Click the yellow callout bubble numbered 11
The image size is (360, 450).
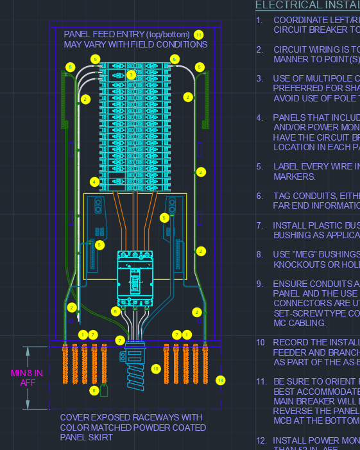(x=199, y=34)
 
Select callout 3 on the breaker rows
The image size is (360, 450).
(x=131, y=74)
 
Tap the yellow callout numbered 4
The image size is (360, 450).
(x=94, y=182)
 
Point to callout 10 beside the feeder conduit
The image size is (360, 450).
(x=155, y=368)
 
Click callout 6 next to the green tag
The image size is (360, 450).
(x=94, y=390)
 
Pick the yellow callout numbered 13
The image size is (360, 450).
(x=221, y=380)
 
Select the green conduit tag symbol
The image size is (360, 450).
(x=105, y=390)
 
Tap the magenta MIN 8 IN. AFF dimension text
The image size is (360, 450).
(x=26, y=377)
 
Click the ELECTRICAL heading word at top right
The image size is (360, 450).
(x=287, y=4)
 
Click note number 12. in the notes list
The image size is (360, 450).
(x=261, y=440)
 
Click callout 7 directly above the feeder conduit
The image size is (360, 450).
(x=119, y=340)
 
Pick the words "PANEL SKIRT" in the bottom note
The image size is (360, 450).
(x=87, y=437)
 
